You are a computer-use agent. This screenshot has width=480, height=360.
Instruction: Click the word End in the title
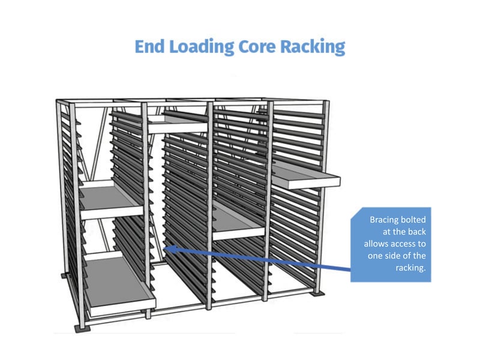click(150, 47)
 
